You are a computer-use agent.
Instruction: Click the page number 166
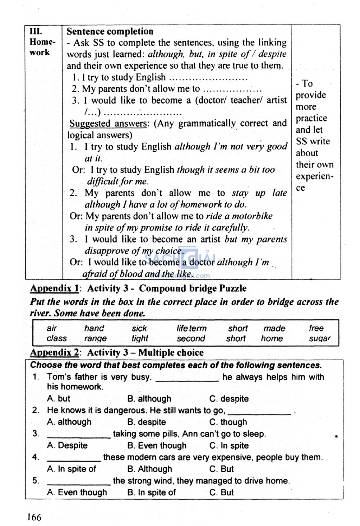pos(34,517)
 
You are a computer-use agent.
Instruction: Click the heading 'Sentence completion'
pos(110,31)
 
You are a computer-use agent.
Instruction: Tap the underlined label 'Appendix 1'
pos(54,289)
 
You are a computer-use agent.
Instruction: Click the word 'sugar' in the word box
pos(320,339)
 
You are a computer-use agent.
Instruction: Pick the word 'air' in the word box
pos(52,328)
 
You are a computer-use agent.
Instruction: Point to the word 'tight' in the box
pos(140,338)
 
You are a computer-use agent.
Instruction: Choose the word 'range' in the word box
pos(95,339)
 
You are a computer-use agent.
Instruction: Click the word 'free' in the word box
pos(316,328)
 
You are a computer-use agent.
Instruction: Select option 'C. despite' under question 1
pos(229,399)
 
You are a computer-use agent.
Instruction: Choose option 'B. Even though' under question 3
pos(157,445)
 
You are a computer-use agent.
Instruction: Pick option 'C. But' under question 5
pos(221,492)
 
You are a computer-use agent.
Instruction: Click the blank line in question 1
pos(187,380)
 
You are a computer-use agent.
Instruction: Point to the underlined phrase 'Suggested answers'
pos(108,123)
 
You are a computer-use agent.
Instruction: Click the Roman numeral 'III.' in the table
pos(36,31)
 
